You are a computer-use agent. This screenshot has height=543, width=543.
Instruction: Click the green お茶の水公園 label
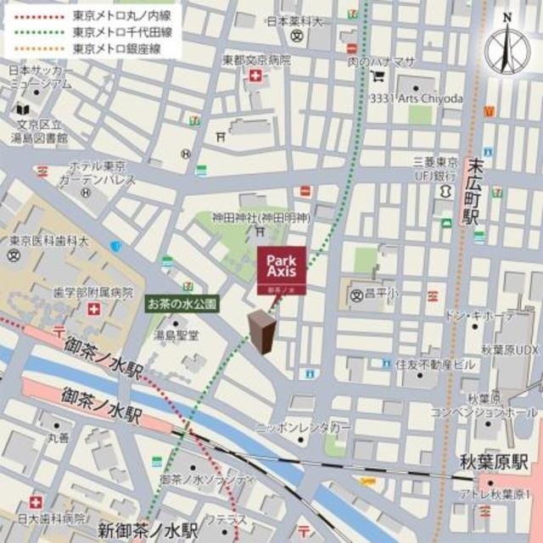182,301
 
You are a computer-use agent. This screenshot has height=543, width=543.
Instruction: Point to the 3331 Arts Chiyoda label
416,98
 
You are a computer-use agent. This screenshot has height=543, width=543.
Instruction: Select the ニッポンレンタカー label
303,428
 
